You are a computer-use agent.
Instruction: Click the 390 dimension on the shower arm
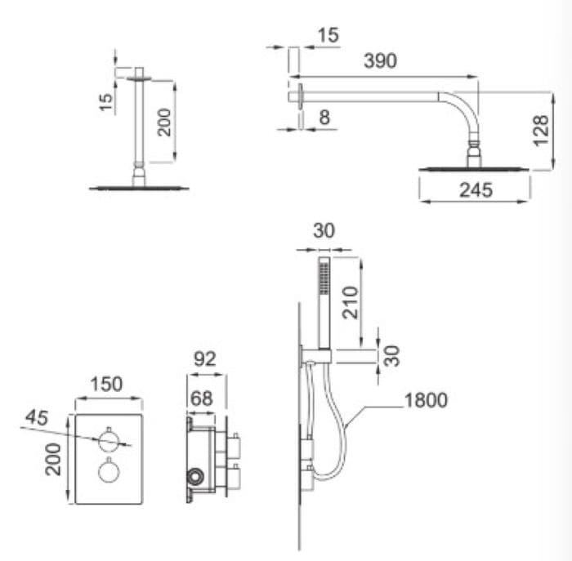tap(380, 61)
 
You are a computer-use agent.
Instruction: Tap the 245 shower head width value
tap(476, 190)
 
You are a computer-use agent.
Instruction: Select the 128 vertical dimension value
tap(541, 131)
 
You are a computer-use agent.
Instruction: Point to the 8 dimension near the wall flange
tap(324, 118)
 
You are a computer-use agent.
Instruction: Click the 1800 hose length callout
tap(426, 400)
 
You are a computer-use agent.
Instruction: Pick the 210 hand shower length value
tap(351, 303)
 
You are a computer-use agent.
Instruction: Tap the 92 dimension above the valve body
tap(205, 359)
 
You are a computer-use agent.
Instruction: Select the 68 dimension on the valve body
tap(201, 398)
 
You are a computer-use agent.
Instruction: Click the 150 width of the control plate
tap(106, 384)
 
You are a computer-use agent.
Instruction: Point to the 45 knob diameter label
tap(37, 417)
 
